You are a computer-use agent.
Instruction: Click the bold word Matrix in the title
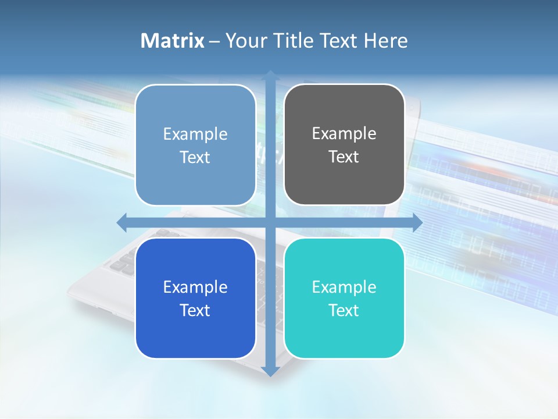[x=173, y=41]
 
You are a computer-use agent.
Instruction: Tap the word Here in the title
[x=385, y=41]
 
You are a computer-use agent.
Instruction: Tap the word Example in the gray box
[x=344, y=134]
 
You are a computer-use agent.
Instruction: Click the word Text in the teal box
[x=344, y=310]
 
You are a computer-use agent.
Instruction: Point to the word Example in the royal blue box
[x=195, y=287]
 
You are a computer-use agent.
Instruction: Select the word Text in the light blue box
[x=195, y=157]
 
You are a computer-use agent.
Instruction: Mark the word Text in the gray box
[x=344, y=157]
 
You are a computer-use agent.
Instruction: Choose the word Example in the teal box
[x=344, y=287]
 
